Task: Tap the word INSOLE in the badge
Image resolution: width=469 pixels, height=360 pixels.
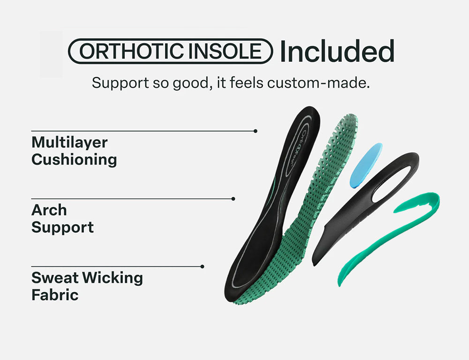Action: tap(225, 51)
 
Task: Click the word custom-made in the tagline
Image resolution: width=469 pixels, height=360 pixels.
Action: tap(318, 83)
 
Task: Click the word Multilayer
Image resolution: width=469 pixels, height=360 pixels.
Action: tap(69, 143)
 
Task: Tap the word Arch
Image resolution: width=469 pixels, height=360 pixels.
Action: tap(49, 210)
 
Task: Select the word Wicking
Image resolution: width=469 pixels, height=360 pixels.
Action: tap(113, 278)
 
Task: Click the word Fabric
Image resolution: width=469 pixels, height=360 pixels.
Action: tap(55, 295)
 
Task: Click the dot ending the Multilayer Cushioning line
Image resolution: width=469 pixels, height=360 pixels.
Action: tap(255, 131)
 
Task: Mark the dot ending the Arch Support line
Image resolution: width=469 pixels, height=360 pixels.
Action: tap(233, 199)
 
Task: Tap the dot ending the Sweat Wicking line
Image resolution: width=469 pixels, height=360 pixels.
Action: tap(202, 266)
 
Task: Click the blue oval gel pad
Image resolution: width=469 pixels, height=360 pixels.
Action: tap(366, 165)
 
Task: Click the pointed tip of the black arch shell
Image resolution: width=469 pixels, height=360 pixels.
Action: tap(314, 265)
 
